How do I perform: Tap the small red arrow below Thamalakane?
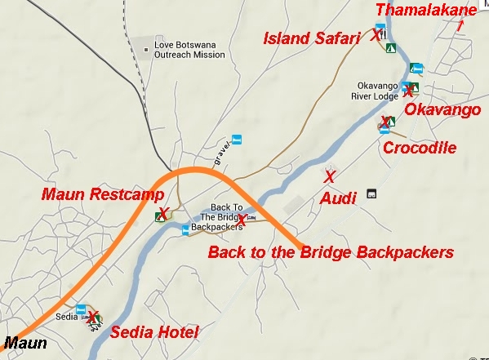(460, 24)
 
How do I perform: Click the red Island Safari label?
(311, 38)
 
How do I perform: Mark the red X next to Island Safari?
(375, 37)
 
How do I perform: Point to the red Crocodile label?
(419, 148)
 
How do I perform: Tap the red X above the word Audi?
(329, 176)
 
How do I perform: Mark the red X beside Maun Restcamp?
(163, 213)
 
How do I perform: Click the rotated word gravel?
(220, 155)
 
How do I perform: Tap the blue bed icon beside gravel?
(237, 140)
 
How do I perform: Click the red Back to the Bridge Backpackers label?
(331, 252)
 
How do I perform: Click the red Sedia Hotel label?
(154, 331)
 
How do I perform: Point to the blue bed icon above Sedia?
(81, 310)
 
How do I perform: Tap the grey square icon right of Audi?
(371, 193)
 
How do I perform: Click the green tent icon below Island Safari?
(391, 47)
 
